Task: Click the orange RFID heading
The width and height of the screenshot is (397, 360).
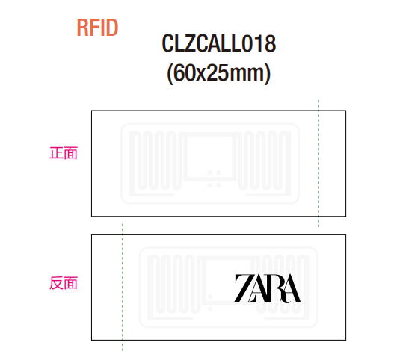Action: point(97,28)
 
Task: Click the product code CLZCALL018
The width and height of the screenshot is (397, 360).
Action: point(219,43)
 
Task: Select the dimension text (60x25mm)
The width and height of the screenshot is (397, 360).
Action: point(219,73)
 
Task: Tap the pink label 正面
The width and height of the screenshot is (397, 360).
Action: point(64,153)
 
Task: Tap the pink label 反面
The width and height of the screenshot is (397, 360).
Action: point(64,283)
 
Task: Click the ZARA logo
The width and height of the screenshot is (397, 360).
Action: point(269,288)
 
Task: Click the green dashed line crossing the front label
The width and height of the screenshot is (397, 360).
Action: point(318,164)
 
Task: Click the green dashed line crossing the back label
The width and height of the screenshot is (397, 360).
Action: point(123,287)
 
